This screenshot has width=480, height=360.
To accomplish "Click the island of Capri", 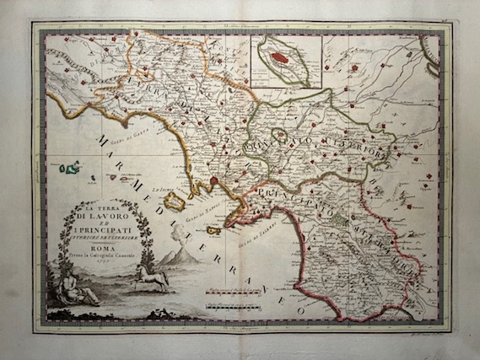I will coord(213,230).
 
